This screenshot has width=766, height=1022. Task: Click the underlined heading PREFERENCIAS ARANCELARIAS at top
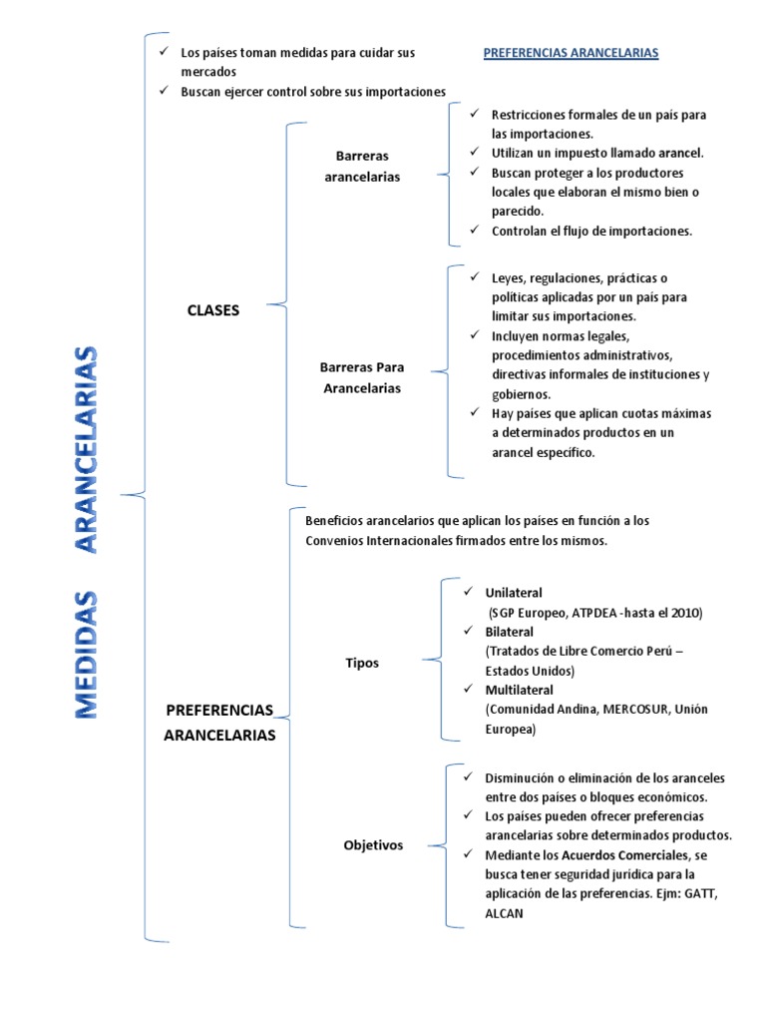tap(571, 53)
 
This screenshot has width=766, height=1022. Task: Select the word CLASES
tap(213, 310)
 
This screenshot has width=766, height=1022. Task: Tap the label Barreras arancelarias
tap(362, 167)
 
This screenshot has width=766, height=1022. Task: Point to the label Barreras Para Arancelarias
tap(361, 378)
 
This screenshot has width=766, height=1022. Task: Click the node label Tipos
tap(362, 663)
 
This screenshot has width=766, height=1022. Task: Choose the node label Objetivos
tap(373, 844)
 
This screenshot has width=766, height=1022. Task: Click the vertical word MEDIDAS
tap(87, 654)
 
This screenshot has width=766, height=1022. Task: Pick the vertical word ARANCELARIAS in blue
tap(87, 449)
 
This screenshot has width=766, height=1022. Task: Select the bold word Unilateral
tap(514, 593)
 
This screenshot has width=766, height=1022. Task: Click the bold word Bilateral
tap(509, 632)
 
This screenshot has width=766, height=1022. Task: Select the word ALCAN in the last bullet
tap(504, 912)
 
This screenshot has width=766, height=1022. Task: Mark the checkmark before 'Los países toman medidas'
tap(164, 52)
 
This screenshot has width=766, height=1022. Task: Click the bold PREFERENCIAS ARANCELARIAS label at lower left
tap(218, 723)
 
